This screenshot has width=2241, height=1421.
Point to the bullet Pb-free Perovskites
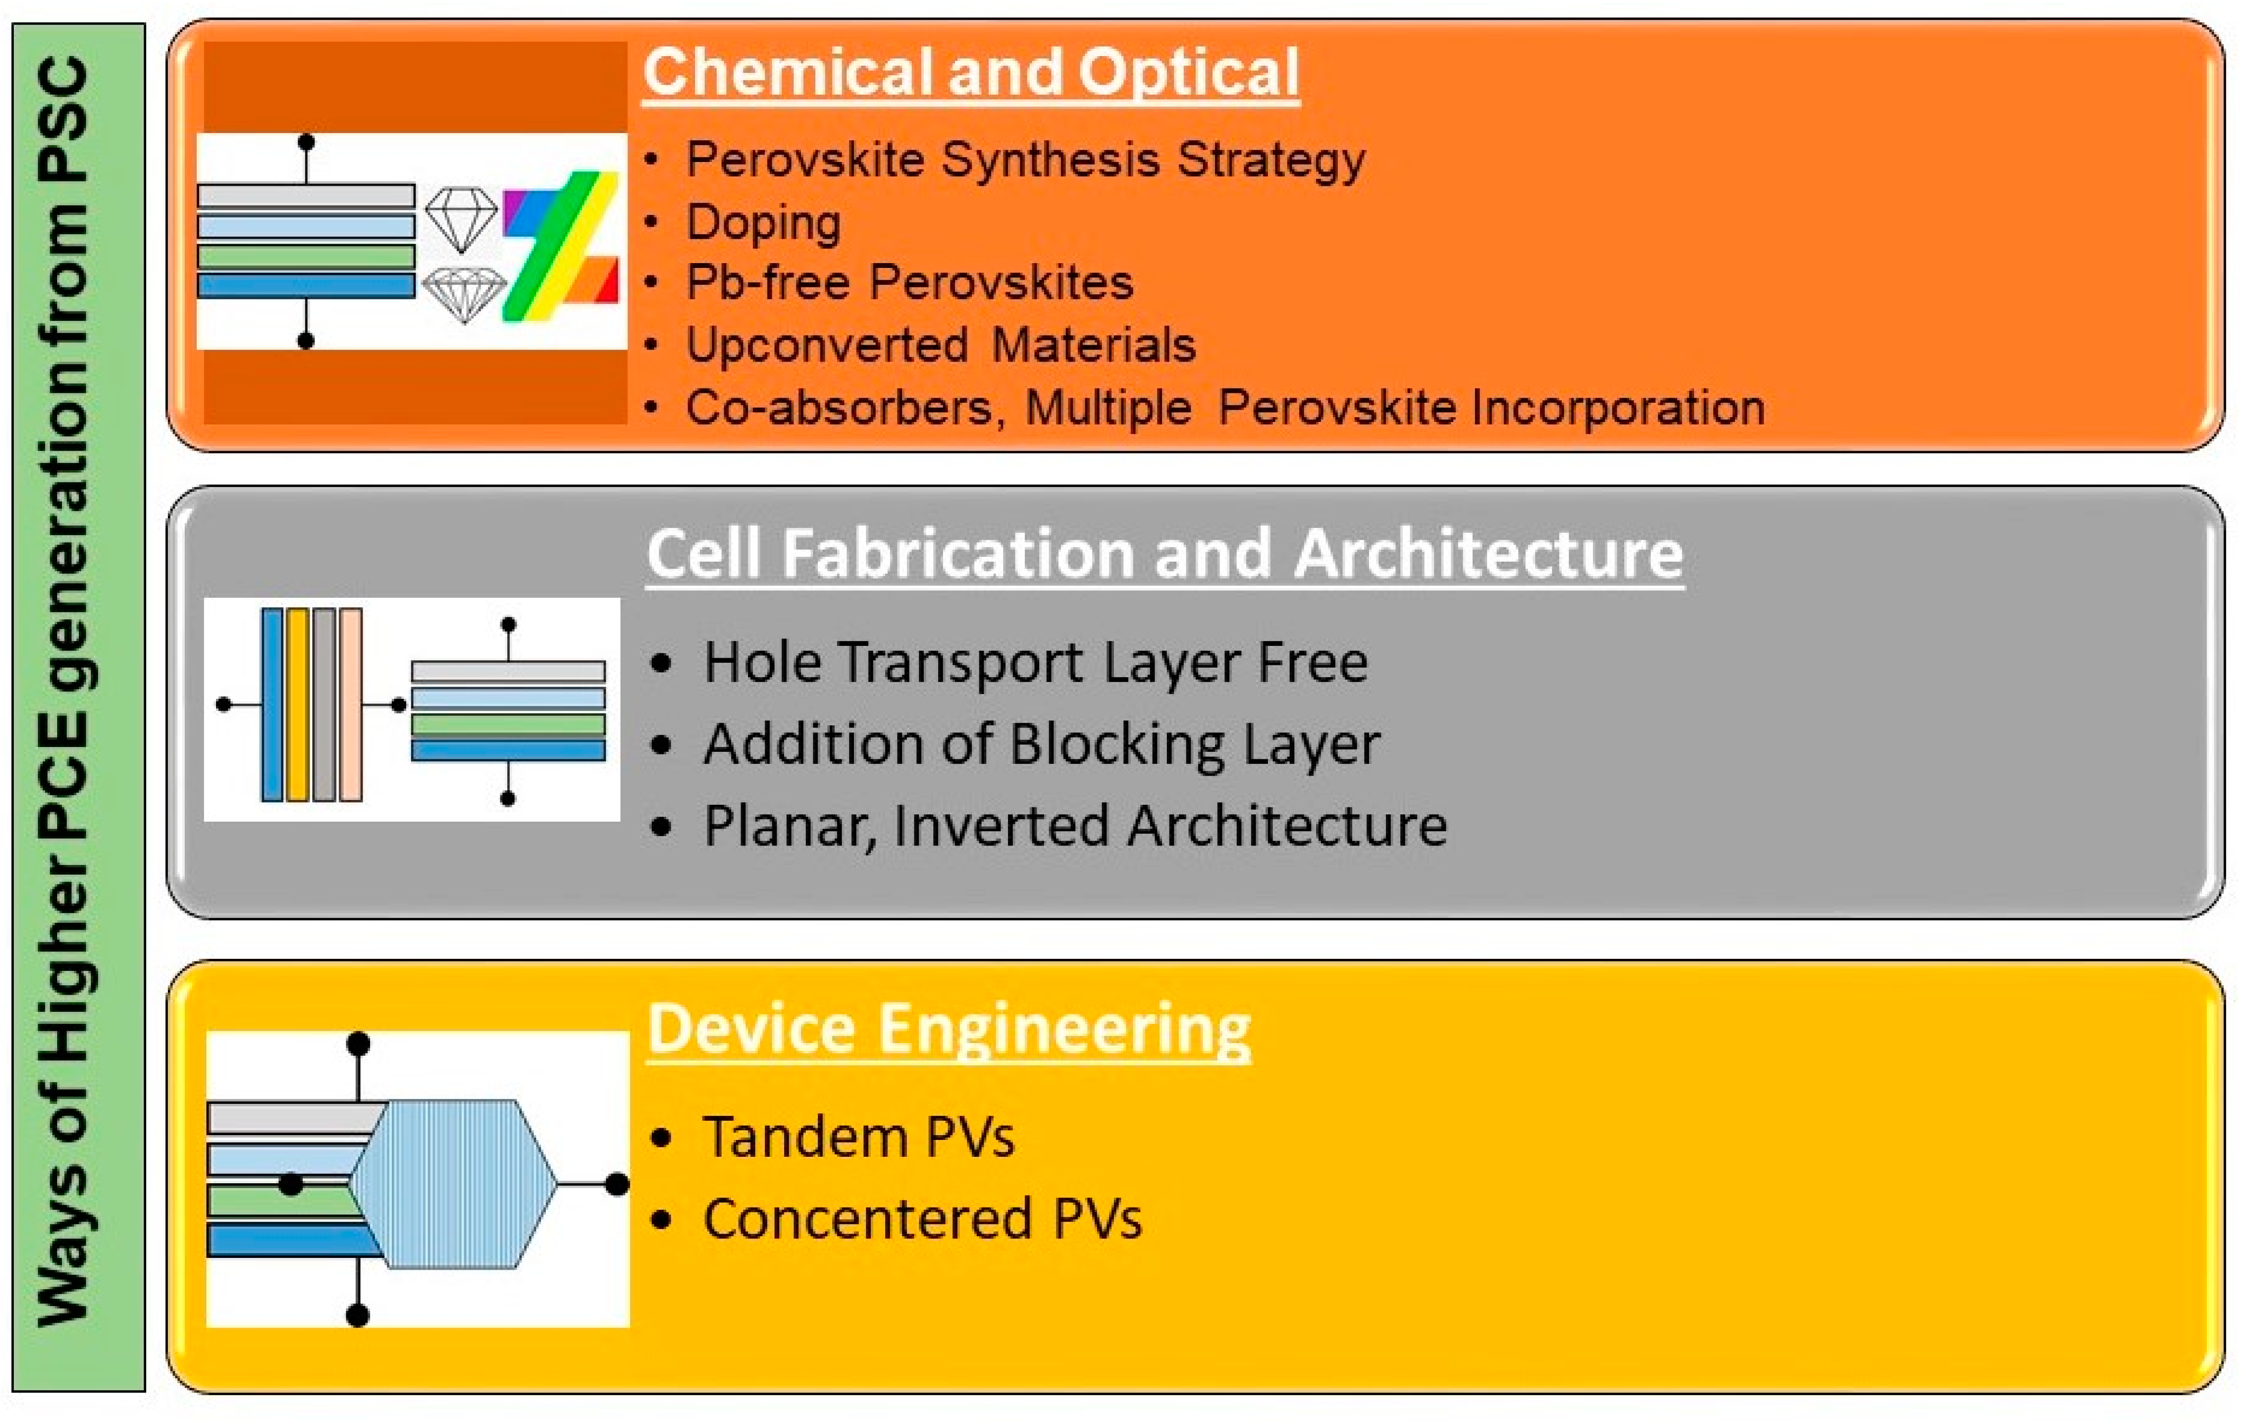click(909, 282)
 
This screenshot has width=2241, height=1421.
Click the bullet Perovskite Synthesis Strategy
click(1025, 160)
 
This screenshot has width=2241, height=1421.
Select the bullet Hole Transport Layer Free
click(1036, 662)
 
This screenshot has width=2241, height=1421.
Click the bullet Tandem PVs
click(858, 1137)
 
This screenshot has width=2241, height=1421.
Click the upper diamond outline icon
click(461, 220)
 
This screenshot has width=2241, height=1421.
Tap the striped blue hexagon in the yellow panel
click(453, 1184)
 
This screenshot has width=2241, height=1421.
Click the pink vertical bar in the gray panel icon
click(351, 705)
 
